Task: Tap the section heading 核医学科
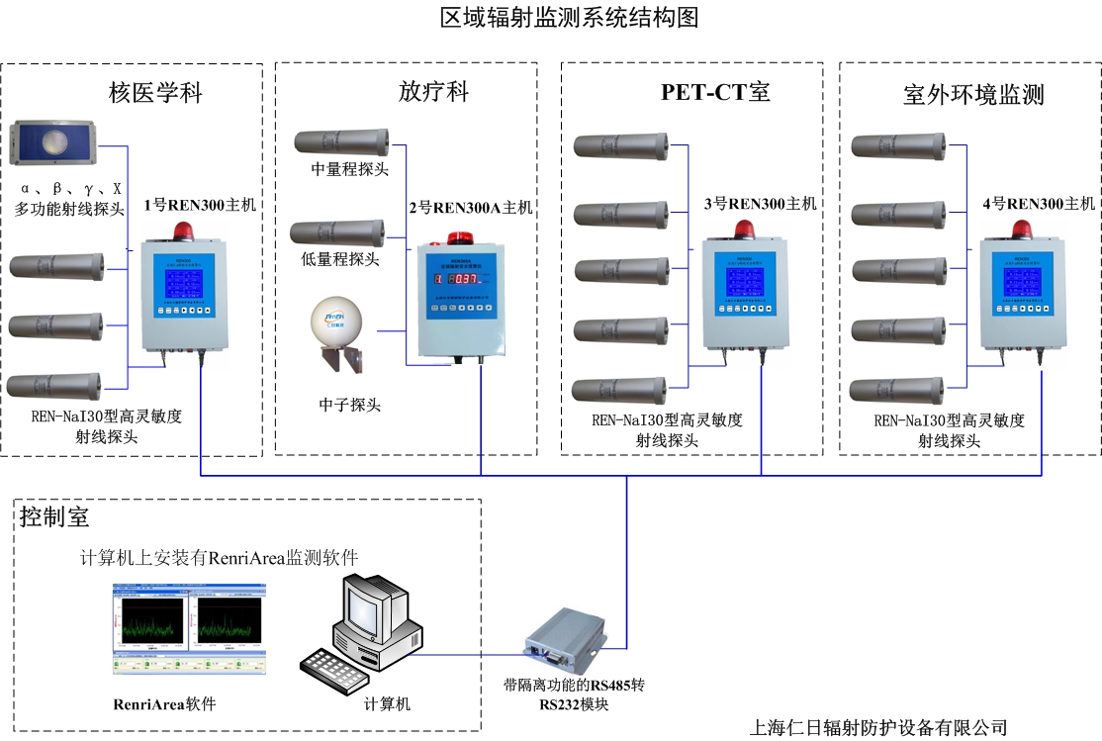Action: [155, 94]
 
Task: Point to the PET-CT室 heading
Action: [715, 93]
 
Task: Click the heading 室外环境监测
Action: [973, 95]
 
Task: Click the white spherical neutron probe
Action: [337, 322]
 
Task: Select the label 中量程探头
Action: [350, 169]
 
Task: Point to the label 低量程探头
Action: [340, 259]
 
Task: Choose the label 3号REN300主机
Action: [760, 205]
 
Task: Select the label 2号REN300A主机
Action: [471, 208]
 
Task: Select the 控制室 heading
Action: [54, 515]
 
